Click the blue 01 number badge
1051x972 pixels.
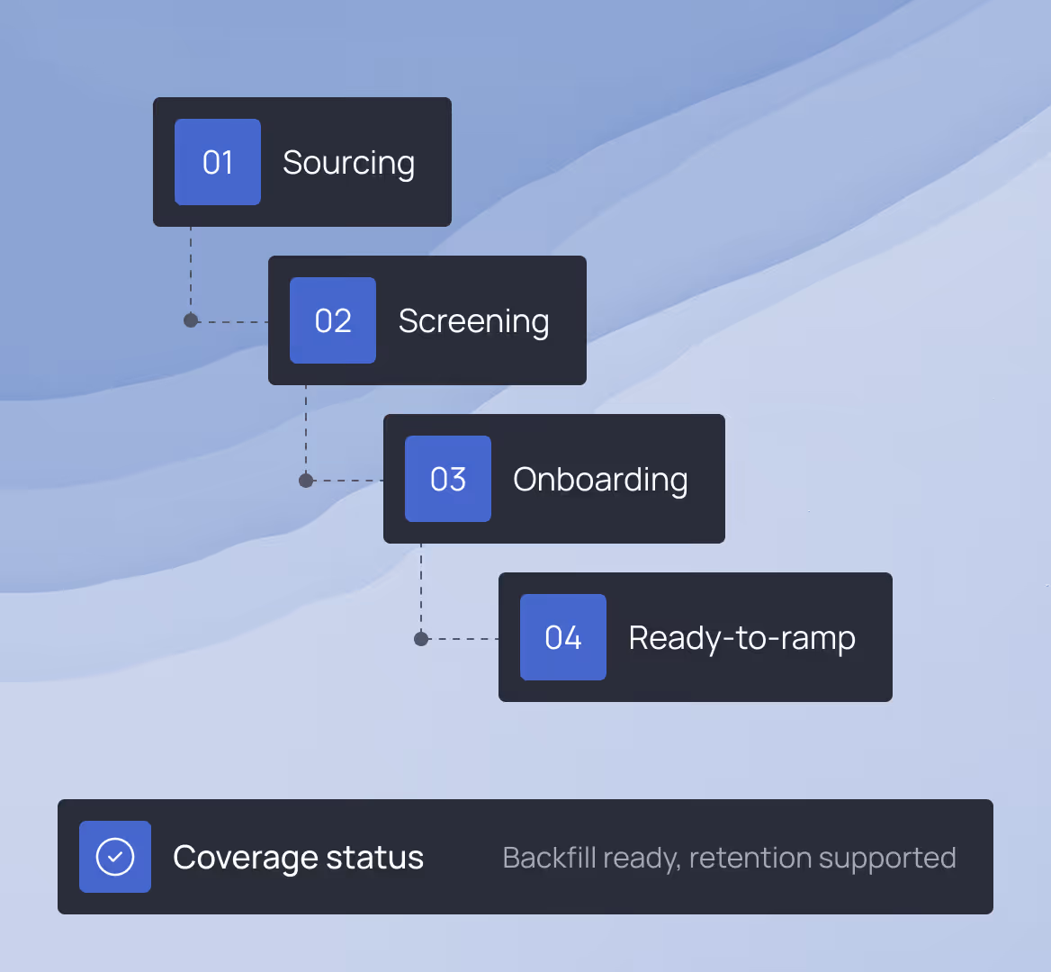point(218,162)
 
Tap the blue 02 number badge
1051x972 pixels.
point(333,320)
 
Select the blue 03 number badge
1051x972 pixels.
point(448,479)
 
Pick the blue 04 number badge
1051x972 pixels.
point(563,637)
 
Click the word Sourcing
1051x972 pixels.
point(348,163)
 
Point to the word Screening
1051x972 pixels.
point(473,321)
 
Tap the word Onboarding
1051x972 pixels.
point(600,480)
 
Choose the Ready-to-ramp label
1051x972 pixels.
point(741,638)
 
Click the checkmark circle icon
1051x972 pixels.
point(115,857)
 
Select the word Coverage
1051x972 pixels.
point(244,858)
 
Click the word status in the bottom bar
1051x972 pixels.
point(374,858)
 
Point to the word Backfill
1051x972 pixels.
point(549,858)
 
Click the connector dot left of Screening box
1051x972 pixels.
point(191,320)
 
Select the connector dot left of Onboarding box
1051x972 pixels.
point(306,481)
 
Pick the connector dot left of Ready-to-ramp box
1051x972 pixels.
point(421,639)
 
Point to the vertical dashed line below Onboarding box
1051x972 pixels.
point(421,585)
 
